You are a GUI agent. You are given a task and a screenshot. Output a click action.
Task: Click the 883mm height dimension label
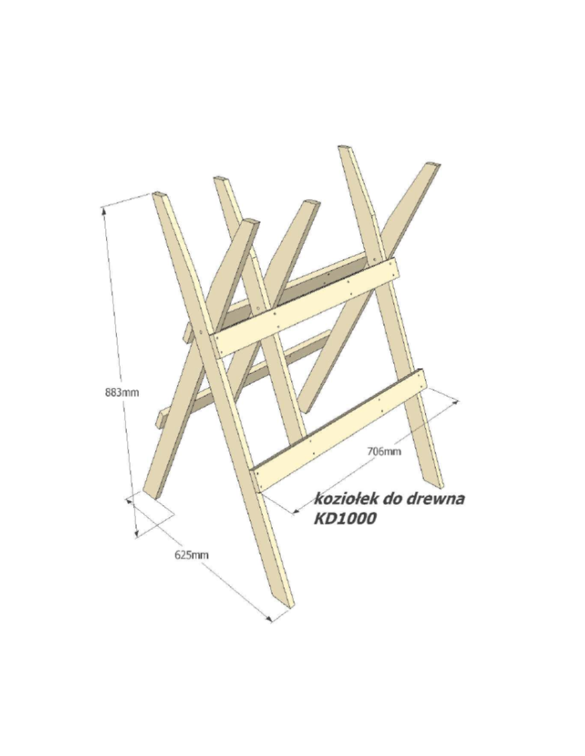122,392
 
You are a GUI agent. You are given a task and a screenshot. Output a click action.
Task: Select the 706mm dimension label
384,451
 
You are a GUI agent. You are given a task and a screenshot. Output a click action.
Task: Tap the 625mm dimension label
191,555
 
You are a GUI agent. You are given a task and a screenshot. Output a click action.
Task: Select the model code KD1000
345,519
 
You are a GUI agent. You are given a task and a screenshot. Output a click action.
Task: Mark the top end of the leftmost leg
160,194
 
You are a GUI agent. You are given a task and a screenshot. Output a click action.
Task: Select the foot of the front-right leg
435,484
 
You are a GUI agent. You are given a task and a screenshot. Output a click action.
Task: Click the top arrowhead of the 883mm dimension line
102,209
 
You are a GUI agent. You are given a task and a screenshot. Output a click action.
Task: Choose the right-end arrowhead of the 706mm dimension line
454,401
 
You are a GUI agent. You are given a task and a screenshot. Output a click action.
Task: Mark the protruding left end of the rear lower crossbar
160,419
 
